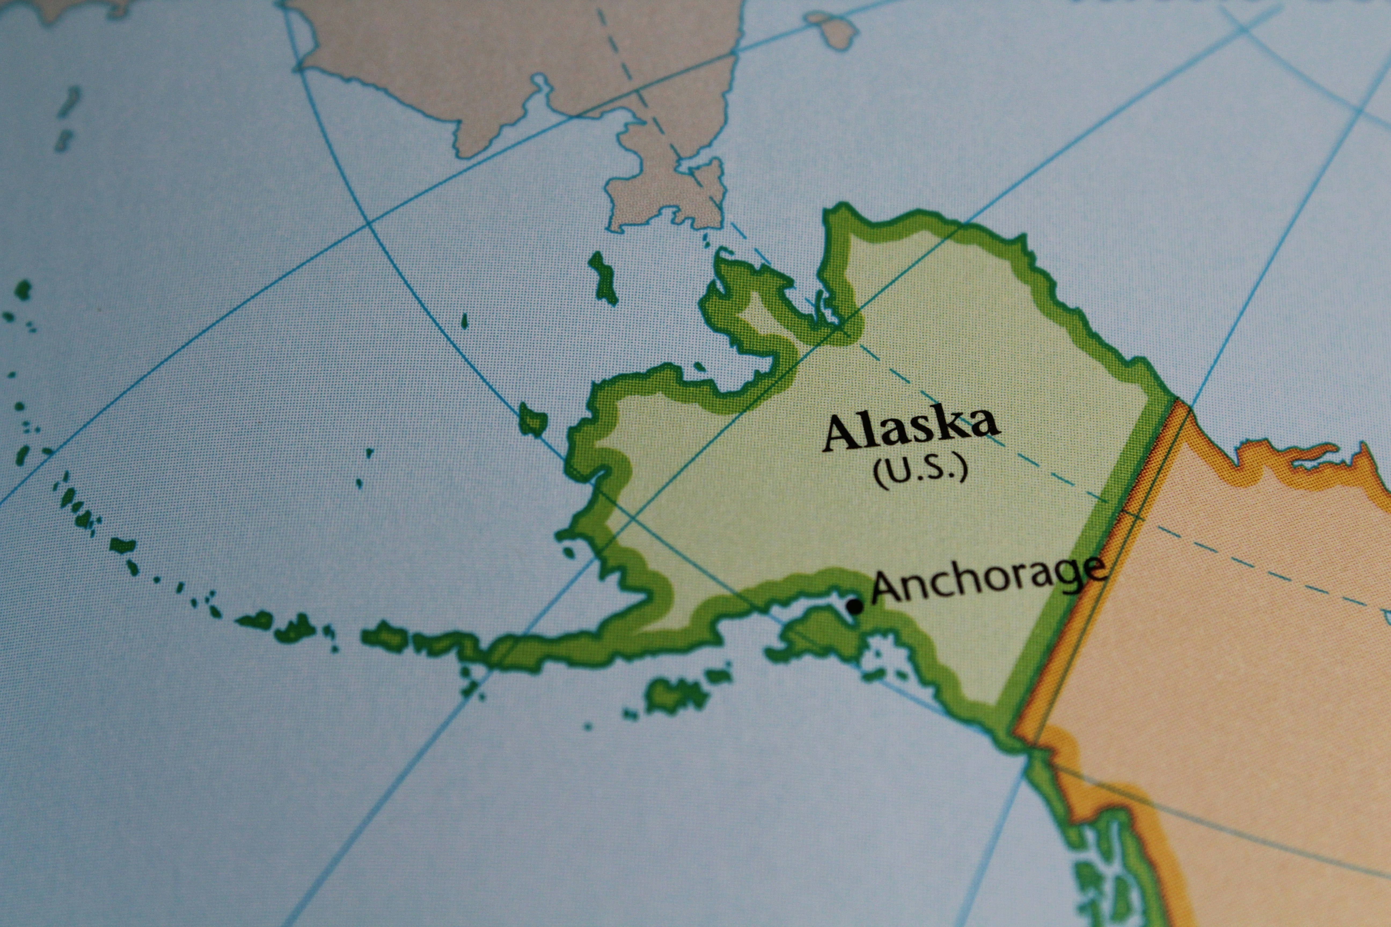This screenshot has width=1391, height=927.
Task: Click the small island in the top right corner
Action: point(834,30)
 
